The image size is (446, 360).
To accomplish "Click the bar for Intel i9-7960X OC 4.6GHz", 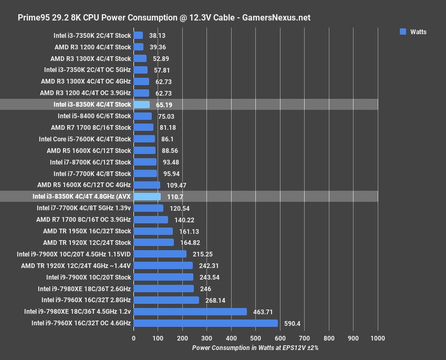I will click(205, 323).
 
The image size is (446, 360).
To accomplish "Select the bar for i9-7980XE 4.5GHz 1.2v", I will click(190, 312).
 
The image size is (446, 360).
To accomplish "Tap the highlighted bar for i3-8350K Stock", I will click(141, 105).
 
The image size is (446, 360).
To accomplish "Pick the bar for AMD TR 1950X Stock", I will click(153, 231).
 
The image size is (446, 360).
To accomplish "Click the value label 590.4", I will click(292, 323).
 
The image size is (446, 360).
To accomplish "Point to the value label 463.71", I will click(262, 312).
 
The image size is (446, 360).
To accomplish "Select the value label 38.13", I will click(158, 36).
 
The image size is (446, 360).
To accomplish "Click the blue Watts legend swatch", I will click(403, 32).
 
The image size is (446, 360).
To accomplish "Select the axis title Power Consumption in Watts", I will click(255, 348).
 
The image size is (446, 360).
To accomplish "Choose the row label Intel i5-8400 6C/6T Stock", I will click(94, 116).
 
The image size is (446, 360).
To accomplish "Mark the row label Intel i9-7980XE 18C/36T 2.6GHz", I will click(84, 289).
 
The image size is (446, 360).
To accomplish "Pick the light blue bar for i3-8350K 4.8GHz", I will click(147, 197).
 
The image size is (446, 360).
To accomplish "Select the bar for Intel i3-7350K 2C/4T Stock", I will click(138, 36).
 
